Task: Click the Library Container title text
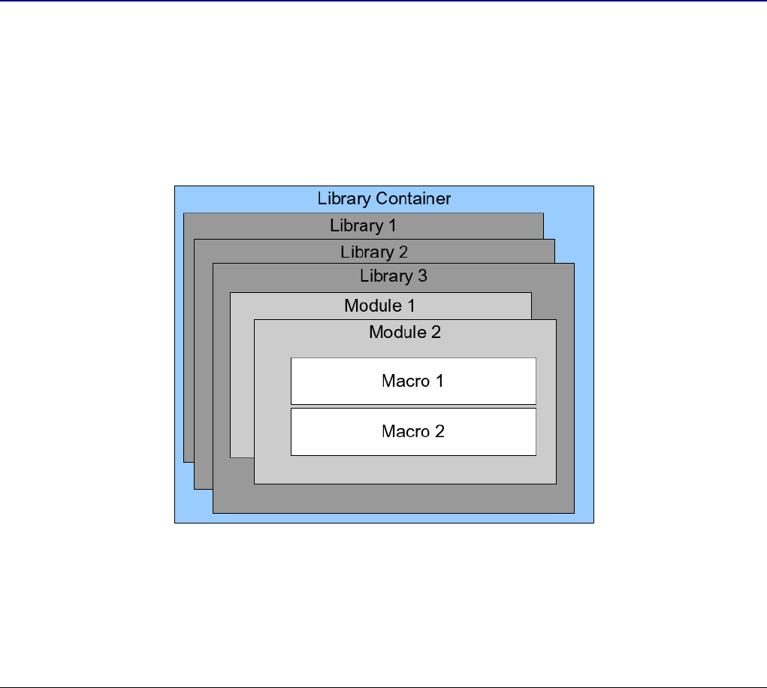click(x=384, y=199)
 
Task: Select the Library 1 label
click(x=363, y=225)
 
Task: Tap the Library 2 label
click(x=373, y=252)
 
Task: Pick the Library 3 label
click(x=393, y=276)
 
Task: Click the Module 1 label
click(x=379, y=306)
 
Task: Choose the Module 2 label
click(x=404, y=332)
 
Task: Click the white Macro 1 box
click(x=413, y=381)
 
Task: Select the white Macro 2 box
click(x=413, y=431)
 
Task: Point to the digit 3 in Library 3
click(x=422, y=276)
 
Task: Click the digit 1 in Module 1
click(x=410, y=306)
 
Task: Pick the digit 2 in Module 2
click(x=436, y=332)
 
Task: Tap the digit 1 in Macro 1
click(x=439, y=381)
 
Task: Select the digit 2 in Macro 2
click(x=439, y=431)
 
